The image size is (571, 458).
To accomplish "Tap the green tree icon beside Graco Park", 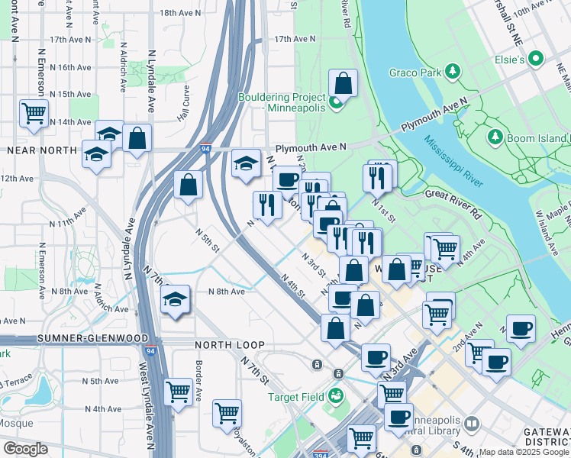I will coord(453,71).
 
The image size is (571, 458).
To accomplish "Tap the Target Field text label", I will coord(294,396).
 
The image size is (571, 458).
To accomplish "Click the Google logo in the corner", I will coord(24,449).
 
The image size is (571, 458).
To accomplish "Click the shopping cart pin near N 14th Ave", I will coord(34,113).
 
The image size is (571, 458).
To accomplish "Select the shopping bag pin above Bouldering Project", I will coord(343,82).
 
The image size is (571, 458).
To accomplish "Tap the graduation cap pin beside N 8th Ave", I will coord(175,298).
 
